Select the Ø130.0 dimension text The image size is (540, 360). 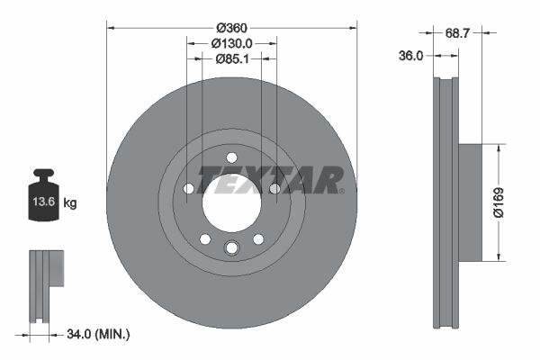[x=231, y=42]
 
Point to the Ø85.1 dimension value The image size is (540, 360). [x=231, y=59]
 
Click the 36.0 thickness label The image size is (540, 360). [x=410, y=56]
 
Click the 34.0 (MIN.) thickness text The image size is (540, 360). [x=99, y=335]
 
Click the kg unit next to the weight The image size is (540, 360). [x=70, y=203]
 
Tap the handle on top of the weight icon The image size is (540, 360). [x=43, y=174]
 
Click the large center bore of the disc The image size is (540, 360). [x=231, y=200]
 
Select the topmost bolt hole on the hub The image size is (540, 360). [x=231, y=156]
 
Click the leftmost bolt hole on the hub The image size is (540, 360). [x=188, y=188]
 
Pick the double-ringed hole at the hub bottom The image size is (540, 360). [x=231, y=248]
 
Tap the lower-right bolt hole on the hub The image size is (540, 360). [x=258, y=238]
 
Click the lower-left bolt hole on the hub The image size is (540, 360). [x=204, y=238]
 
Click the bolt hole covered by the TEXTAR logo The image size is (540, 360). [x=274, y=188]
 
